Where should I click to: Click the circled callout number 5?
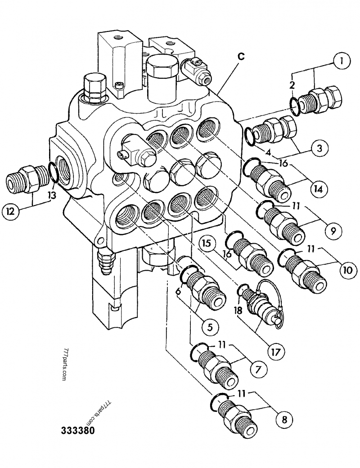pyautogui.click(x=211, y=327)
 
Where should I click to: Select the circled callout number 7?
pyautogui.click(x=258, y=370)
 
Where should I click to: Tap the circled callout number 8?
pyautogui.click(x=283, y=419)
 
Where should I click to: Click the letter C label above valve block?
pyautogui.click(x=242, y=57)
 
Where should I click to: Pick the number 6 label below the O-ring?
pyautogui.click(x=179, y=292)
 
